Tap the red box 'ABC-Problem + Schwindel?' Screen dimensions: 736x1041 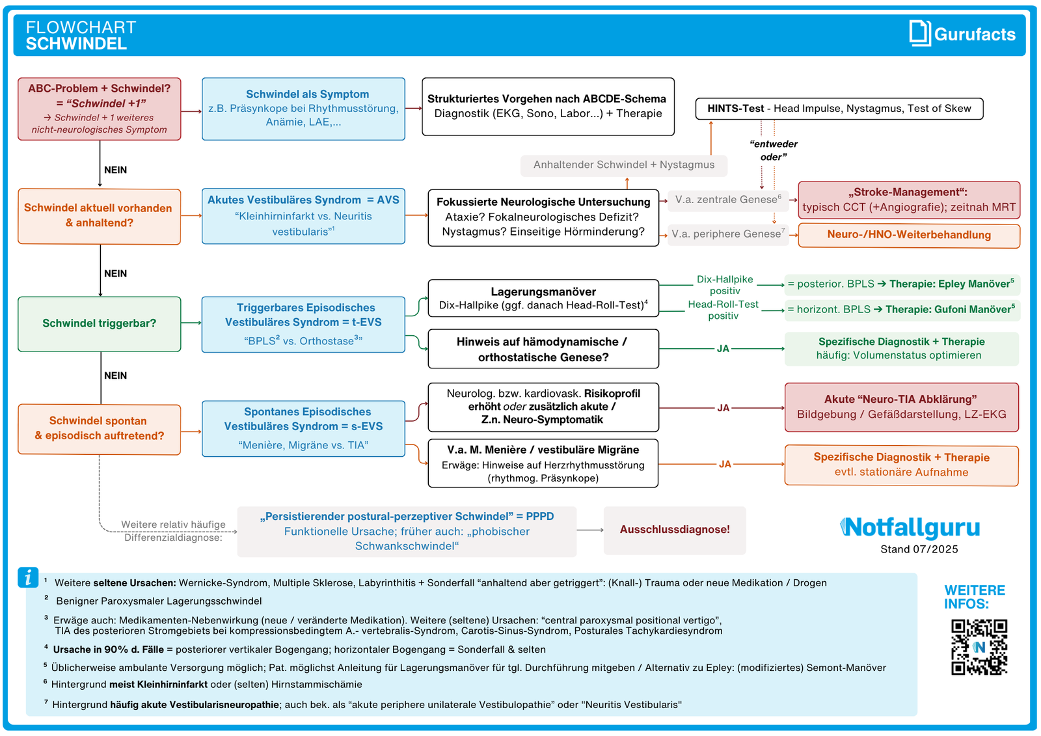click(100, 109)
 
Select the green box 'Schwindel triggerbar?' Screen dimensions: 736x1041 click(100, 323)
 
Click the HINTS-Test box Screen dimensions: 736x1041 click(839, 109)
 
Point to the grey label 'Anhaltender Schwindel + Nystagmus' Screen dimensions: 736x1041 click(623, 165)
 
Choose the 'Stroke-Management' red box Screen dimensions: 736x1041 click(908, 200)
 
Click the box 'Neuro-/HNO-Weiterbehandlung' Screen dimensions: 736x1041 click(908, 235)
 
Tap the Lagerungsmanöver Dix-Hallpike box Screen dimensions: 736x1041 click(543, 298)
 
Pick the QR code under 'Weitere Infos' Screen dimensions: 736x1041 click(979, 647)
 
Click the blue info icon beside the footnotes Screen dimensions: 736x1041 click(28, 577)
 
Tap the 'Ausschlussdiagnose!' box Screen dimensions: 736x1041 click(675, 530)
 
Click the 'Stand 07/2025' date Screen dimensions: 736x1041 click(919, 549)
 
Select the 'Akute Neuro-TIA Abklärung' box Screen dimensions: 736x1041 click(901, 407)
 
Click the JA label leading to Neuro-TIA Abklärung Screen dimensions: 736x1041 click(723, 408)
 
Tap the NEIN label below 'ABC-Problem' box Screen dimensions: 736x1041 click(115, 170)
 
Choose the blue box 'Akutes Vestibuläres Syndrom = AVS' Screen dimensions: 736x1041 click(303, 216)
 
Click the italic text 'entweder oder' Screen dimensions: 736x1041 click(773, 150)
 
